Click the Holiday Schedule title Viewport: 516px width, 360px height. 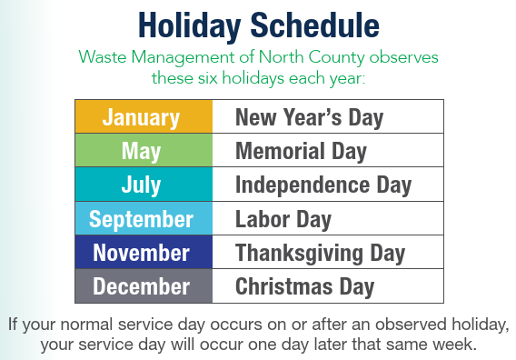(x=258, y=22)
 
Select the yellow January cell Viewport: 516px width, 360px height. (x=144, y=117)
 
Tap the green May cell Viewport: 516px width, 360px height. (x=144, y=151)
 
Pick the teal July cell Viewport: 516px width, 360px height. (x=144, y=185)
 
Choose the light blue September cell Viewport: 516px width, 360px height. (x=144, y=219)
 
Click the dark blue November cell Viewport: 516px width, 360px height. (x=144, y=253)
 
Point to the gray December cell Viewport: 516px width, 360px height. (x=144, y=286)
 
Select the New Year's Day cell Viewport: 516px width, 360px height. (x=328, y=117)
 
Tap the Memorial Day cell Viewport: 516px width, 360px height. (x=328, y=151)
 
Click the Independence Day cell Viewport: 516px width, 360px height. (x=328, y=185)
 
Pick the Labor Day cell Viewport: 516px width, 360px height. (x=328, y=219)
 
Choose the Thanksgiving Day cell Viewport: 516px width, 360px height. (x=328, y=253)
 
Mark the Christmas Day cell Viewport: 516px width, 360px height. (x=328, y=286)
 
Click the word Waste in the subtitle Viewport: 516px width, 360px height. (x=103, y=56)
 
